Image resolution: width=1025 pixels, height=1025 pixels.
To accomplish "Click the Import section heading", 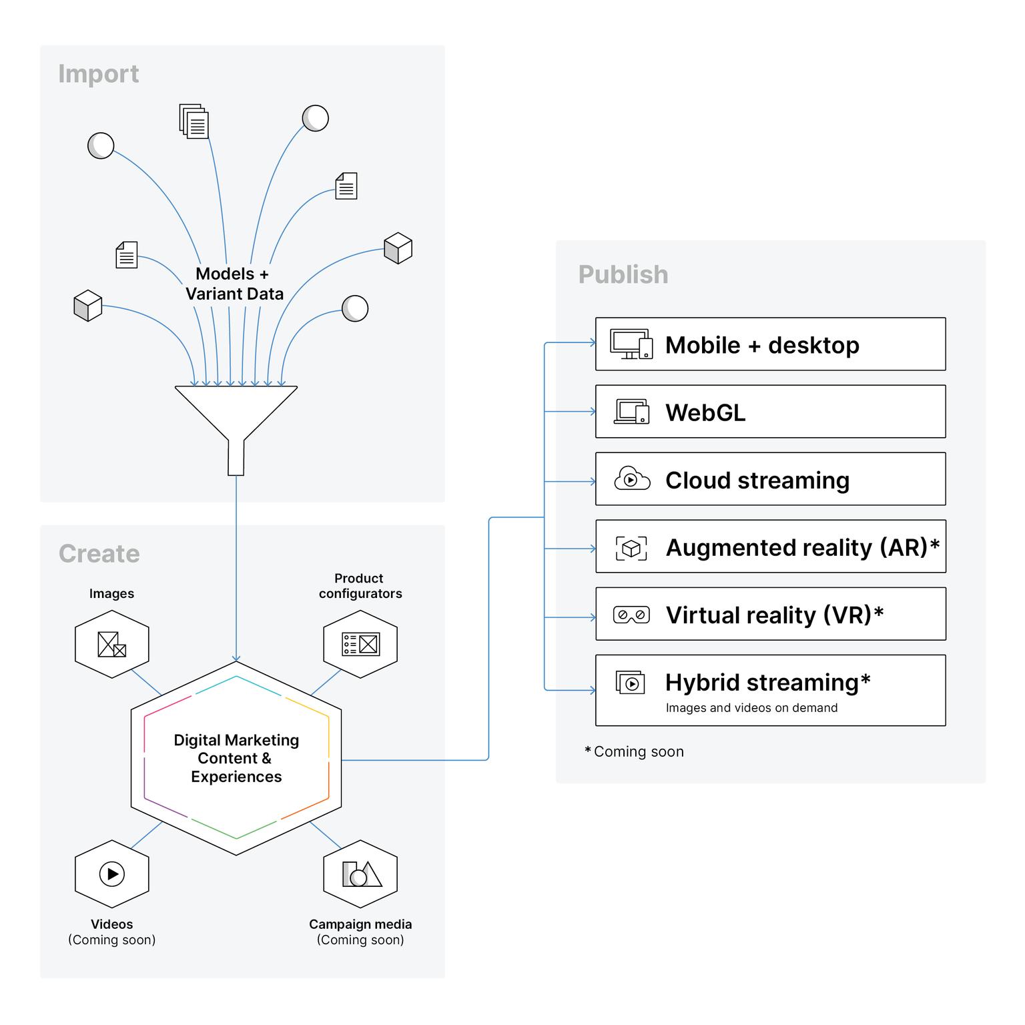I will pos(98,73).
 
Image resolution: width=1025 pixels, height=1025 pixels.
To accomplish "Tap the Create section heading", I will pos(99,554).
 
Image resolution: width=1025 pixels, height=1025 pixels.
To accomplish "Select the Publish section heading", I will pos(623,274).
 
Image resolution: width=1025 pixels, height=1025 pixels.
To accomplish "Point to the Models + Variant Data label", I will pos(234,284).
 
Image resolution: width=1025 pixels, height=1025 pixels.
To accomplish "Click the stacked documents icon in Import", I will pos(194,121).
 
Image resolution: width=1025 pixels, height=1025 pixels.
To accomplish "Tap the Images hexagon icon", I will pos(111,644).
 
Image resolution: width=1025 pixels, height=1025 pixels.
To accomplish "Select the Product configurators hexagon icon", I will pos(360,644).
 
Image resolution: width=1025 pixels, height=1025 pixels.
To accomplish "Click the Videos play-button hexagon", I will pos(111,874).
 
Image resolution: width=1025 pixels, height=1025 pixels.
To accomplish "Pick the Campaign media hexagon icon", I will pos(360,874).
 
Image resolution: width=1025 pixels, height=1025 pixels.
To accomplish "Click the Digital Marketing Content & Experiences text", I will pos(236,758).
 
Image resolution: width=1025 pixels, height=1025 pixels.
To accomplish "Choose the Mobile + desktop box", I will pos(770,344).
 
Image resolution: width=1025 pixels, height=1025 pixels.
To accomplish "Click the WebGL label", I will pos(705,412).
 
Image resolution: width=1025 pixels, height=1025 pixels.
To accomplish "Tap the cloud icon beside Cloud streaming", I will pos(631,479).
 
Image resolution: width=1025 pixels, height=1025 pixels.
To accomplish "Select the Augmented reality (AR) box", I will pos(770,547).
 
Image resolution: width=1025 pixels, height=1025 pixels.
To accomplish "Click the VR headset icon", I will pos(631,615).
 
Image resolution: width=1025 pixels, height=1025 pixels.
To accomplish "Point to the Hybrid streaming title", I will pos(767,683).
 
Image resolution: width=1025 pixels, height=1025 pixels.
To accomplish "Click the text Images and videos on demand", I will pos(751,708).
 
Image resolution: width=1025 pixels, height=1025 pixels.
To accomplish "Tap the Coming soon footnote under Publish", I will pos(635,752).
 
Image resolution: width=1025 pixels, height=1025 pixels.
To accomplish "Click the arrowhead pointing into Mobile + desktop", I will pos(593,343).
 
